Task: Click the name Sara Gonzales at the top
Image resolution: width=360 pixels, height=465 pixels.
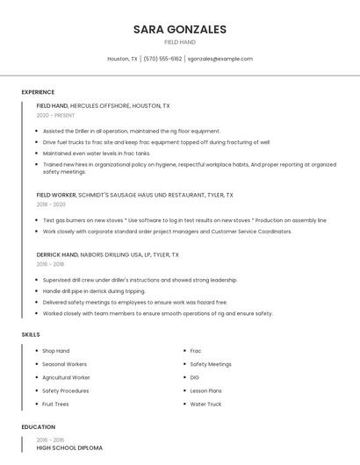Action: pyautogui.click(x=180, y=29)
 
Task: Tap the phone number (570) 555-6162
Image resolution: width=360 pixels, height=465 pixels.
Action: pyautogui.click(x=163, y=59)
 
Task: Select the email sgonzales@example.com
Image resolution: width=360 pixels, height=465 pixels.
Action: pyautogui.click(x=220, y=59)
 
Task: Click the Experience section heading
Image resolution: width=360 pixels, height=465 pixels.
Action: pyautogui.click(x=38, y=92)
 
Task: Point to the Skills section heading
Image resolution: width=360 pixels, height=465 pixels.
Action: pyautogui.click(x=31, y=334)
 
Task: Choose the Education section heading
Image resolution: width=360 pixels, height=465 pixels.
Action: pyautogui.click(x=38, y=427)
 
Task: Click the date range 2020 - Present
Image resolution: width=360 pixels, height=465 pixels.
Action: pyautogui.click(x=55, y=115)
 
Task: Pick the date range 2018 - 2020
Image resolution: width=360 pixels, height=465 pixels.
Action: pyautogui.click(x=51, y=204)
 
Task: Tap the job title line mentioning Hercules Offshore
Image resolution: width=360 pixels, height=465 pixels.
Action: pyautogui.click(x=103, y=105)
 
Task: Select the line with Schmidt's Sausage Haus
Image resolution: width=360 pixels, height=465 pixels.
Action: pyautogui.click(x=134, y=195)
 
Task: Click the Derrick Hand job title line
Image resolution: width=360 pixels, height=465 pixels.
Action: pyautogui.click(x=107, y=254)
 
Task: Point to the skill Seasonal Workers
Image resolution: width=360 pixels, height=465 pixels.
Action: pyautogui.click(x=64, y=364)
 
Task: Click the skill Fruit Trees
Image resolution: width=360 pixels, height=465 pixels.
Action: pyautogui.click(x=55, y=404)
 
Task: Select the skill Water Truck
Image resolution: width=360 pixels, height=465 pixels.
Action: pyautogui.click(x=205, y=404)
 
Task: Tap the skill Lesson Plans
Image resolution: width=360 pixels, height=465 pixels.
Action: pyautogui.click(x=205, y=390)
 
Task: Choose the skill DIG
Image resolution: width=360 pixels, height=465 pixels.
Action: pyautogui.click(x=195, y=377)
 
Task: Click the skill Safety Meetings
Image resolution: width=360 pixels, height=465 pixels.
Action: pyautogui.click(x=211, y=364)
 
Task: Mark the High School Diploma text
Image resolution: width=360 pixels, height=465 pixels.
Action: pyautogui.click(x=69, y=448)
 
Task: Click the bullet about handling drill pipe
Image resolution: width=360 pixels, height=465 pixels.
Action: pyautogui.click(x=94, y=291)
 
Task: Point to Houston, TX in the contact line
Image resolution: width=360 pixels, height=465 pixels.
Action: pyautogui.click(x=122, y=59)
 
